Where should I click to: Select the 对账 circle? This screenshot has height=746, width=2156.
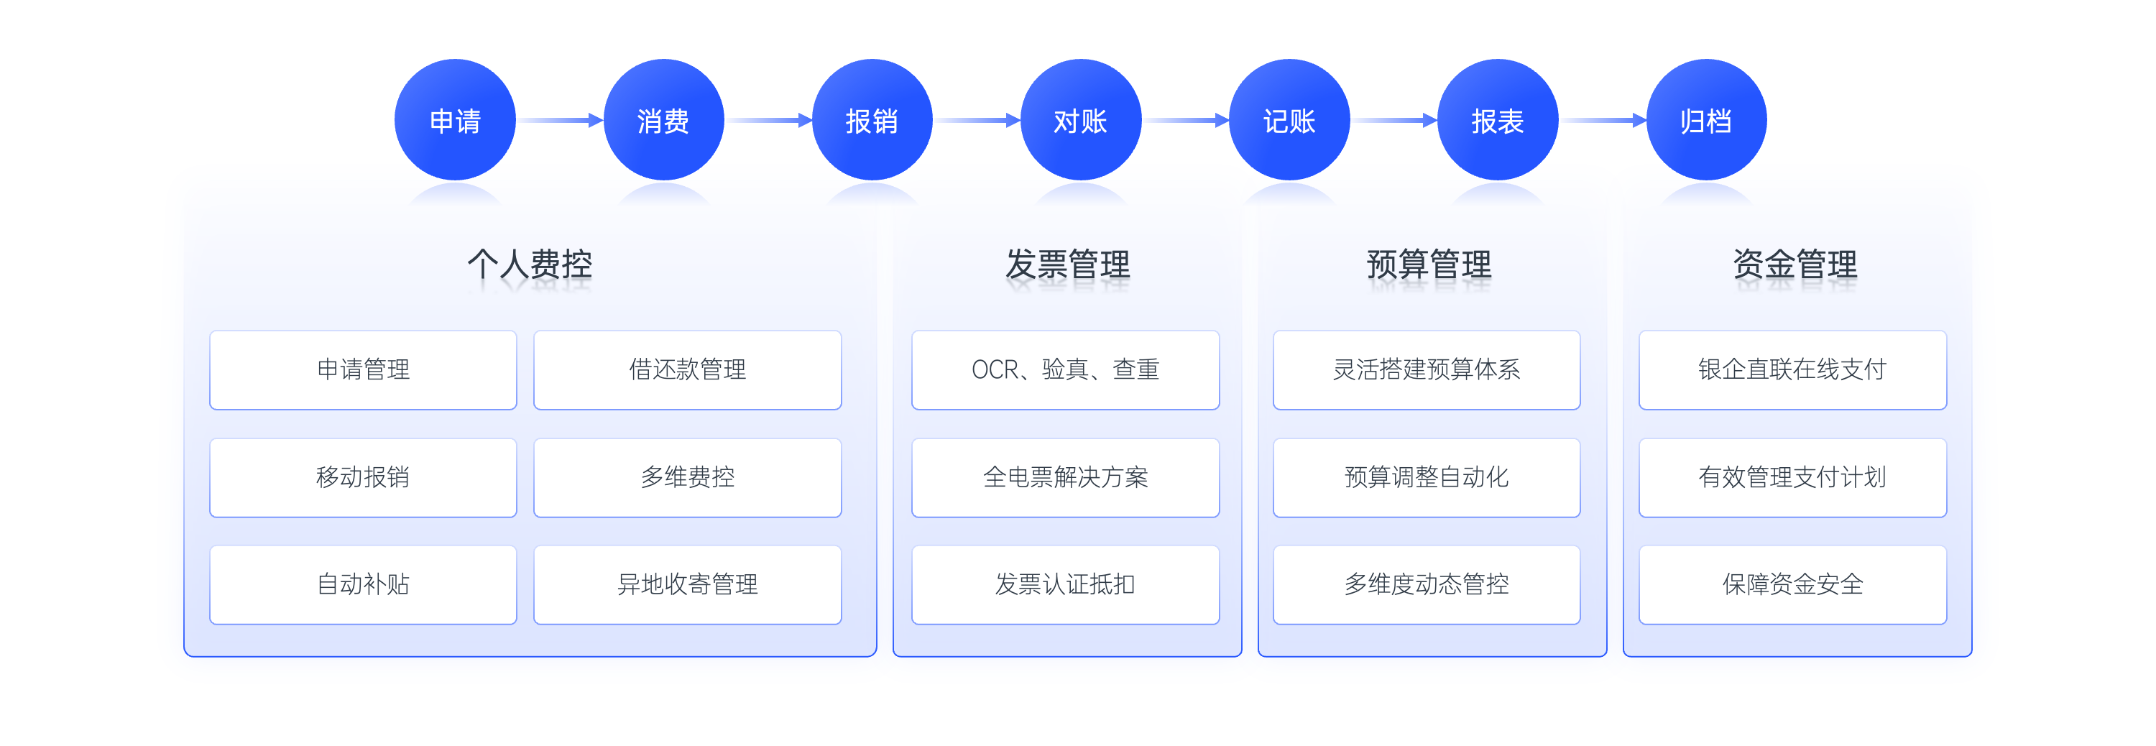[x=1080, y=120]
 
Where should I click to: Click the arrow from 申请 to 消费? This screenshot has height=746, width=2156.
[x=559, y=121]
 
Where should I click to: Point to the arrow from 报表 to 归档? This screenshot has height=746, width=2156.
[x=1603, y=121]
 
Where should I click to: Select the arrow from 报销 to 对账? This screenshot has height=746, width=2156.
[x=977, y=121]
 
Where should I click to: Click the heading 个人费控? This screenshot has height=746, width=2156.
[x=530, y=264]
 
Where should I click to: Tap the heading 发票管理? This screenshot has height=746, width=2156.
[x=1067, y=264]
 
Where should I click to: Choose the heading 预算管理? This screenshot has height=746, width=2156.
[x=1429, y=264]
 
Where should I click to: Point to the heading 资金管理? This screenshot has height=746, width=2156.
[x=1795, y=264]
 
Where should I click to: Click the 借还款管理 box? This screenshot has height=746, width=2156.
[x=687, y=370]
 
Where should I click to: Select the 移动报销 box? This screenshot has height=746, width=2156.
[x=363, y=477]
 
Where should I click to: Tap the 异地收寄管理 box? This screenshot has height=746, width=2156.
[x=687, y=584]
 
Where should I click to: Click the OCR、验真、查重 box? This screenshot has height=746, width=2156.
[x=1066, y=370]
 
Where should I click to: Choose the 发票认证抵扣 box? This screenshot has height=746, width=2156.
[x=1066, y=584]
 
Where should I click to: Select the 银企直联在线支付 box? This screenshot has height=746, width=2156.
[x=1793, y=370]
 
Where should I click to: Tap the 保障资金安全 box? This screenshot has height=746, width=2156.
[x=1793, y=584]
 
